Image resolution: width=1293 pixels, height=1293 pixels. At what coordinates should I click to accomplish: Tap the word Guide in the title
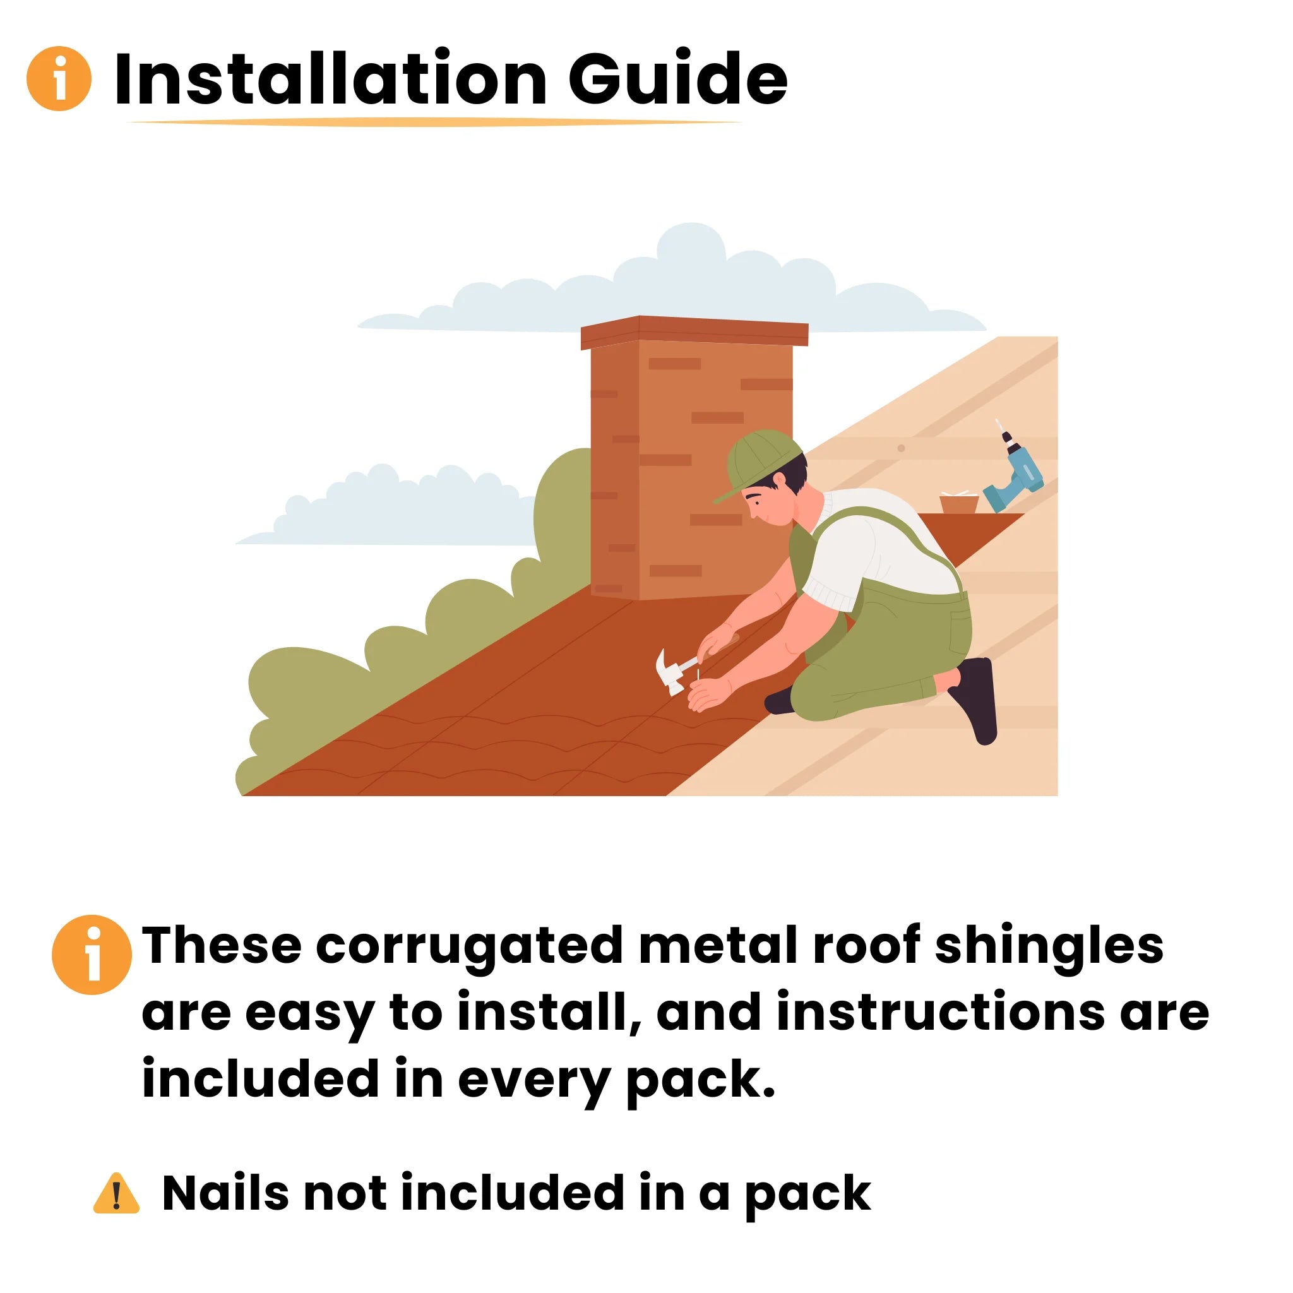tap(678, 79)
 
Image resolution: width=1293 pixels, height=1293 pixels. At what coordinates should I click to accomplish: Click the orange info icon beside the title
tap(59, 78)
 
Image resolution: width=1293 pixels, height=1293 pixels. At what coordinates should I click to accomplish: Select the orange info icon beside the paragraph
tap(92, 955)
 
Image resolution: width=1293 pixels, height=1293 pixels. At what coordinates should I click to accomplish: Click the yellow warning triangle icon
tap(116, 1193)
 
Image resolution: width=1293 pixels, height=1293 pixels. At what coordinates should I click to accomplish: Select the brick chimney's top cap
tap(694, 331)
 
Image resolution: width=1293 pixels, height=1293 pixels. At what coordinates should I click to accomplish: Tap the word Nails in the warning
tap(225, 1193)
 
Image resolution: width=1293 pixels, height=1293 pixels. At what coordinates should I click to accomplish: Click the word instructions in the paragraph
tap(940, 1012)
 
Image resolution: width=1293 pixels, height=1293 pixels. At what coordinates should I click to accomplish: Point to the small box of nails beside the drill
tap(959, 503)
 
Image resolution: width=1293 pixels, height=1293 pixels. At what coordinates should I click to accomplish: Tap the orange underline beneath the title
tap(434, 122)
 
